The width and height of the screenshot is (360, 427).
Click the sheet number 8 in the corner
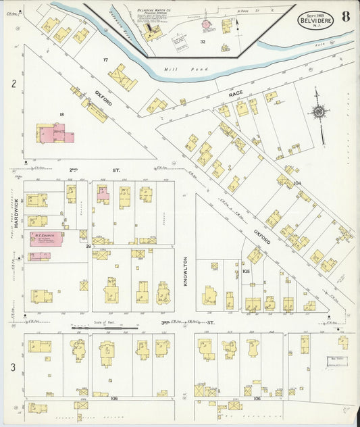point(345,17)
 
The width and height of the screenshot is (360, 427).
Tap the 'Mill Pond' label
point(177,69)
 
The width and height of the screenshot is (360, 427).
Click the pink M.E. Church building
point(45,238)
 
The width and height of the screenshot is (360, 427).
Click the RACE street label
point(235,95)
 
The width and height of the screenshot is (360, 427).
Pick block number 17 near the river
point(105,60)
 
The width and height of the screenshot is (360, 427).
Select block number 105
point(246,271)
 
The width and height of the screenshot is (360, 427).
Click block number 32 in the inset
point(202,42)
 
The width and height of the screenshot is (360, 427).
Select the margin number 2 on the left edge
point(13,84)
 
